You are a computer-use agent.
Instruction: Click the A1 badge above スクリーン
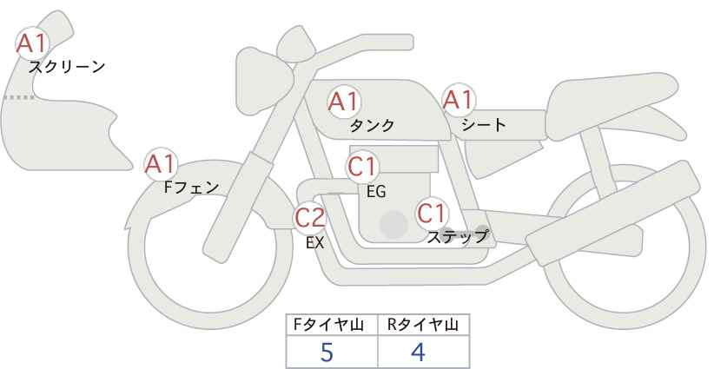pos(32,43)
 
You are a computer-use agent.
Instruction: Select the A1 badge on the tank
pos(344,102)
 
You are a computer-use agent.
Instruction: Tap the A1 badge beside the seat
pos(459,99)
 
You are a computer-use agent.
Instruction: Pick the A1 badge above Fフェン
pos(160,164)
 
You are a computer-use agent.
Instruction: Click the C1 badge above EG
pos(362,167)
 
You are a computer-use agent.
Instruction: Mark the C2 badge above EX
pos(310,217)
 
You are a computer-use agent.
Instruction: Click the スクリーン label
pos(67,67)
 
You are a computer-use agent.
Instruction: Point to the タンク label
pos(372,125)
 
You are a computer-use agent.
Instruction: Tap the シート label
pos(484,124)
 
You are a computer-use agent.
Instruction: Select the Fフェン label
pos(191,188)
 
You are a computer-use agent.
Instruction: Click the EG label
pos(376,192)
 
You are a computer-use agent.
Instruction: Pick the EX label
pos(314,243)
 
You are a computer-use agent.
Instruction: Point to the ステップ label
pos(457,237)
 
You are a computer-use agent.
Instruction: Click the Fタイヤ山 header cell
pos(332,325)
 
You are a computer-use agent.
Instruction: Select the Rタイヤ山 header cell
pos(424,325)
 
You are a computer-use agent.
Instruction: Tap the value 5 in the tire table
pos(327,353)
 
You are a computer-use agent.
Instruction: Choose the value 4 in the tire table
pos(418,353)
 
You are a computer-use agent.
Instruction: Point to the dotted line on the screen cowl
pos(19,97)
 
